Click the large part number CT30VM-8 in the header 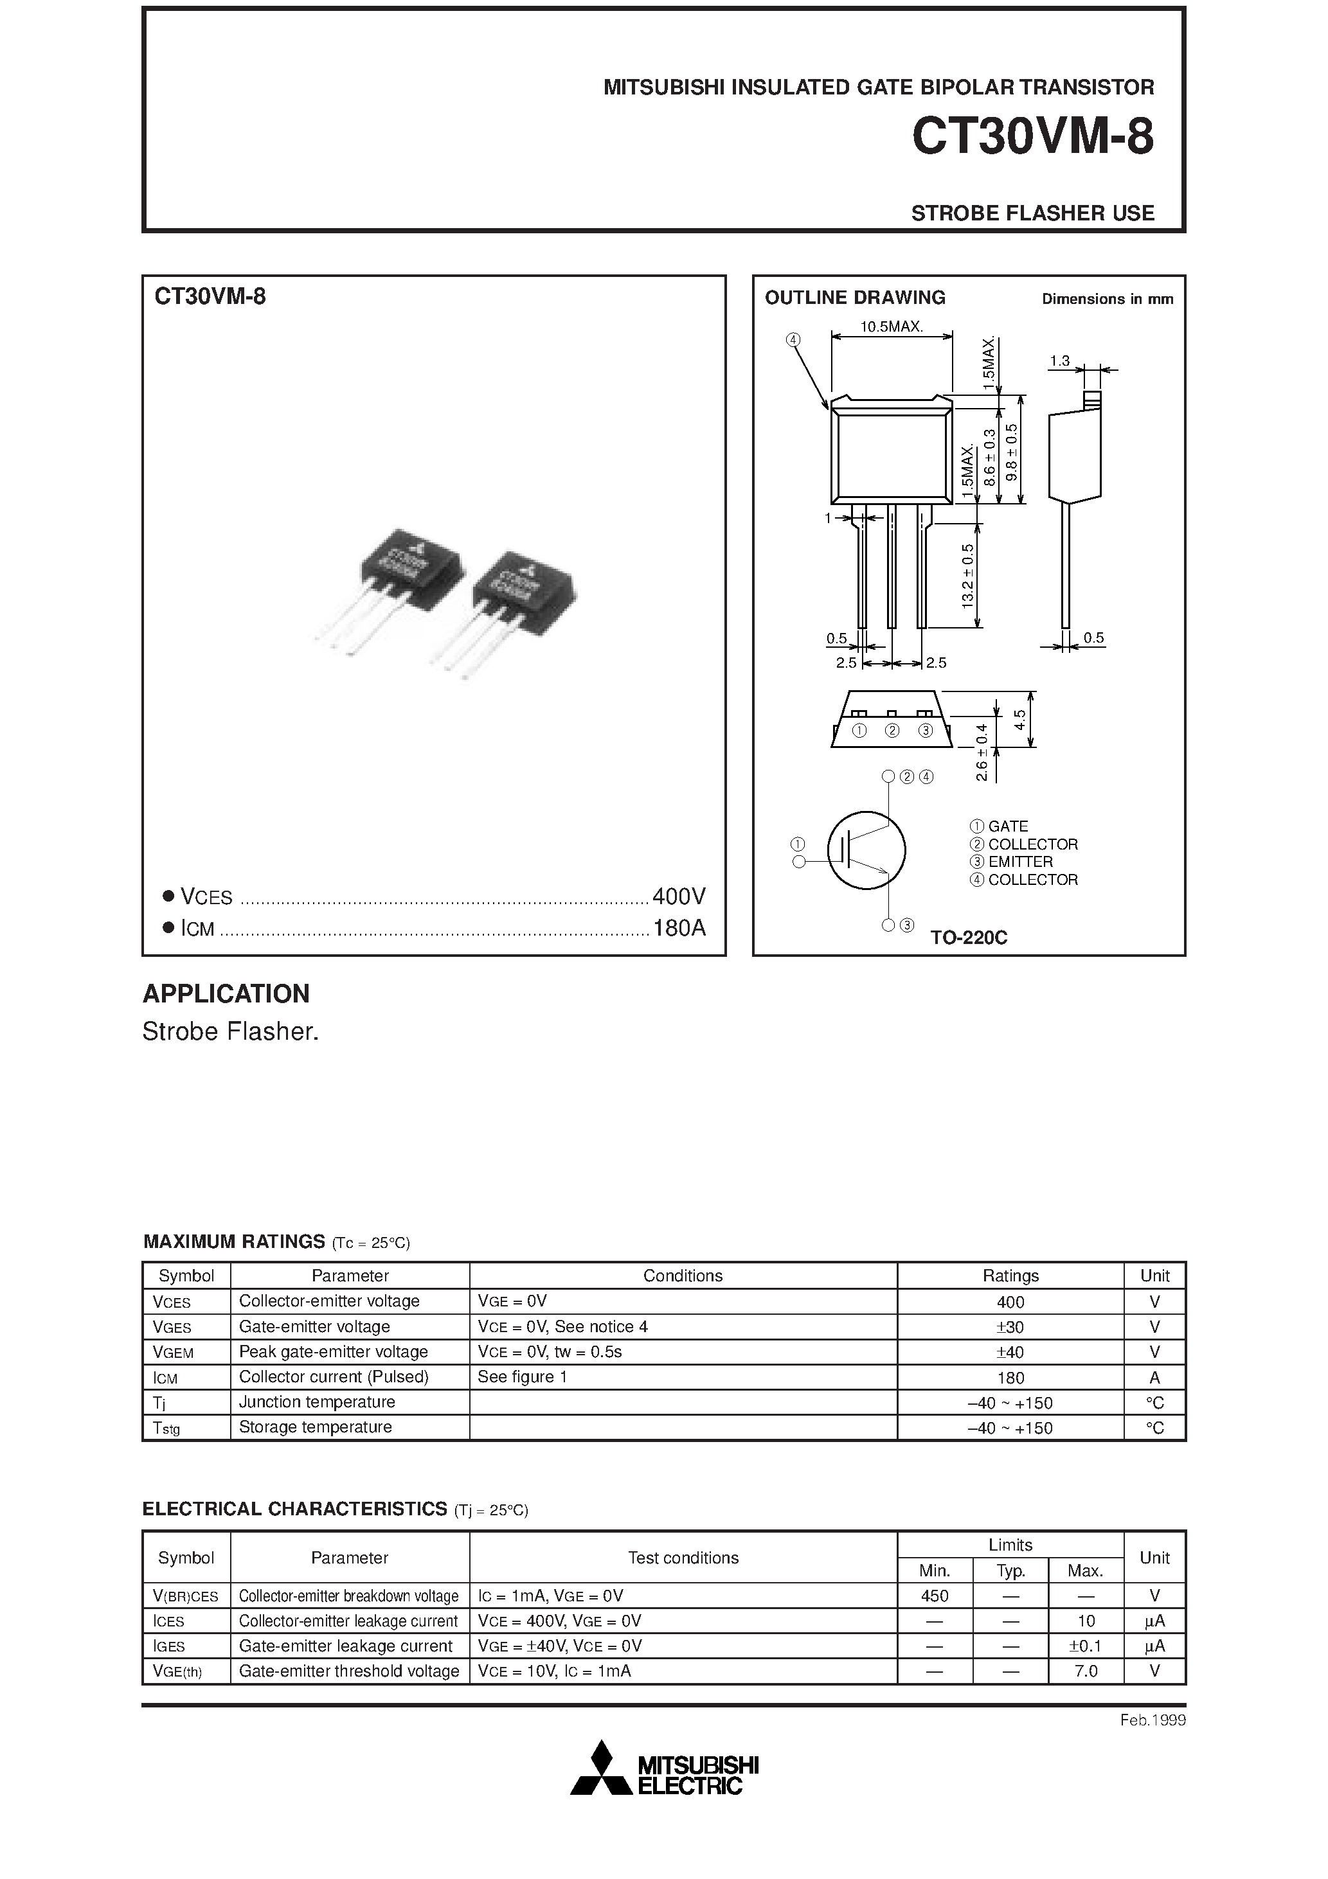(1032, 137)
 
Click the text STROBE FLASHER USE (1032, 213)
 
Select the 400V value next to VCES (679, 897)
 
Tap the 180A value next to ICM (679, 928)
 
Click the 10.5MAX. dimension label (891, 326)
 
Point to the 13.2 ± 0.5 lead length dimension (968, 576)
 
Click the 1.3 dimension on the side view (1059, 361)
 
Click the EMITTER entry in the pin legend (1020, 862)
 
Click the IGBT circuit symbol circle (866, 850)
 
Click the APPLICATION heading (226, 993)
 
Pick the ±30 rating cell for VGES (1010, 1326)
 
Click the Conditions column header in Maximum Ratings (683, 1276)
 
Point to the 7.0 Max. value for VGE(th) (1086, 1671)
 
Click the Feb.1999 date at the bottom (1153, 1720)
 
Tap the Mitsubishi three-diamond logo (602, 1768)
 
